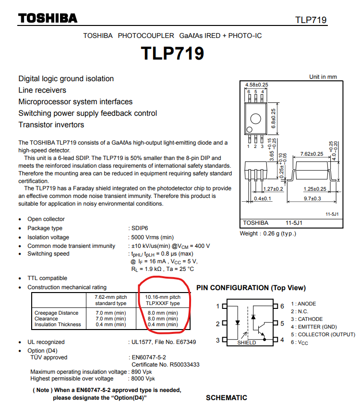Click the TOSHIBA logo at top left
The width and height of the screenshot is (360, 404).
coord(48,18)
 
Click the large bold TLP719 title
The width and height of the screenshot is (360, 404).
coord(172,53)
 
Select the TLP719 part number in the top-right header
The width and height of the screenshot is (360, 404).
coord(311,20)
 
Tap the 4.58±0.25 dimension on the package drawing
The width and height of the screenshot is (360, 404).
coord(256,85)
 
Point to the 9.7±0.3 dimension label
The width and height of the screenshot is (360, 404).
coord(312,198)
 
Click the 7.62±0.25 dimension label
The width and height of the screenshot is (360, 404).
coord(312,154)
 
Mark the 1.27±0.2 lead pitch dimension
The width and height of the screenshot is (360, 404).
coord(273,189)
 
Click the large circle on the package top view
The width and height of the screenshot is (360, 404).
coord(256,119)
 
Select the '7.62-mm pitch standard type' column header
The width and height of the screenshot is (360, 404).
coord(111,300)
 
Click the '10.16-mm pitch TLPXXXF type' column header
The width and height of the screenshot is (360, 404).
coord(163,300)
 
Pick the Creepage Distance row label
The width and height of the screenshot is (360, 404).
coord(56,313)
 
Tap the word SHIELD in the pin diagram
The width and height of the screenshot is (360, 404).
coord(247,343)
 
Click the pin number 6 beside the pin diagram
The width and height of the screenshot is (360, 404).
coord(282,306)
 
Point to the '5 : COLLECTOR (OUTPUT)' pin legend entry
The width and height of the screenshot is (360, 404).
coord(323,334)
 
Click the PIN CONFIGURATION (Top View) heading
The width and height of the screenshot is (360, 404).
coord(251,288)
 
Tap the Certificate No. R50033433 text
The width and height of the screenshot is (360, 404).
coord(166,365)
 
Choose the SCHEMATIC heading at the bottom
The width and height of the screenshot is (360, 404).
coord(227,398)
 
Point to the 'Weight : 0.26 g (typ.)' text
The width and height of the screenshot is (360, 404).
coord(268,233)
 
